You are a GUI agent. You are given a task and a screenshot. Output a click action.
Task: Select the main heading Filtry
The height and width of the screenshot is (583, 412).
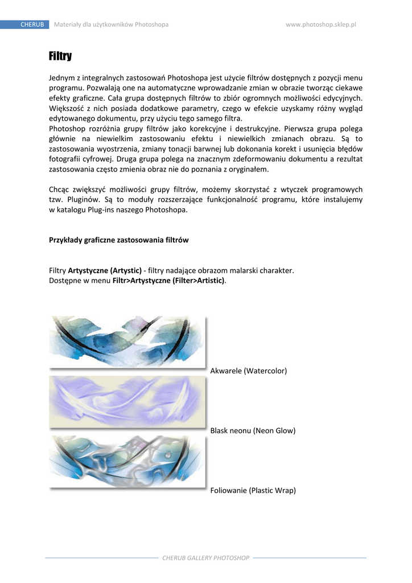pyautogui.click(x=60, y=56)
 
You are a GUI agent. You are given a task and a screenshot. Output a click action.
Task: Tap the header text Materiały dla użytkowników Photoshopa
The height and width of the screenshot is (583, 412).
pyautogui.click(x=111, y=24)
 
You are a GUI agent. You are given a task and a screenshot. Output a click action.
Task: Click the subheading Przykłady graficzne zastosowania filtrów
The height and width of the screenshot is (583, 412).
pyautogui.click(x=119, y=240)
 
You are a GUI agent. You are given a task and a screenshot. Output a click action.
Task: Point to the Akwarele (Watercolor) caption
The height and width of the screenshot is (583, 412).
pyautogui.click(x=249, y=371)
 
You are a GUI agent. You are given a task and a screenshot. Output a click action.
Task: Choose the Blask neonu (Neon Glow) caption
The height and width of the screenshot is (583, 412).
pyautogui.click(x=253, y=430)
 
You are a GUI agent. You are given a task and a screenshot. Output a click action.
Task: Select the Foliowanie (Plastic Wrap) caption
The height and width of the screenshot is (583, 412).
pyautogui.click(x=253, y=490)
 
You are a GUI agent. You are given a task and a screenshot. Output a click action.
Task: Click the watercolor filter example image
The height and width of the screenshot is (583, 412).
pyautogui.click(x=127, y=342)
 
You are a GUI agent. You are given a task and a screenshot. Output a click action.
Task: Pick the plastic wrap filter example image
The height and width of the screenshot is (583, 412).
pyautogui.click(x=127, y=461)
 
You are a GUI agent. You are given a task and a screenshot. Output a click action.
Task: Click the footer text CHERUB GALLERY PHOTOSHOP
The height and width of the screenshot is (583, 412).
pyautogui.click(x=206, y=558)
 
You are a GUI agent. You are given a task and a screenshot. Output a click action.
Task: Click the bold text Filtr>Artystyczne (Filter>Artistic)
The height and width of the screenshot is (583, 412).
pyautogui.click(x=169, y=281)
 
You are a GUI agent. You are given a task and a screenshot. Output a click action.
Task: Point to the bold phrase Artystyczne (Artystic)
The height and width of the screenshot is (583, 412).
pyautogui.click(x=105, y=270)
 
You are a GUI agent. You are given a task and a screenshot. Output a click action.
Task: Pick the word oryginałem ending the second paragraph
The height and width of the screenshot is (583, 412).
pyautogui.click(x=248, y=169)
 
